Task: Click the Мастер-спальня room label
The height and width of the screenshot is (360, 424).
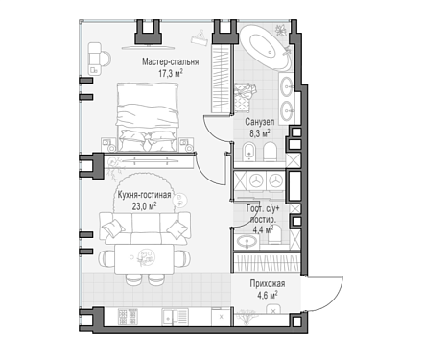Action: (x=171, y=61)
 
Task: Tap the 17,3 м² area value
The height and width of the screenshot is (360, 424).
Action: (x=171, y=74)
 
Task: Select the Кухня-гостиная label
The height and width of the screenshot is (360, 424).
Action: (x=144, y=195)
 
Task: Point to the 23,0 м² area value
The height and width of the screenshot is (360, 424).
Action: (x=144, y=206)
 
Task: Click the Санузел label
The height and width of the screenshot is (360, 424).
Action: (x=260, y=122)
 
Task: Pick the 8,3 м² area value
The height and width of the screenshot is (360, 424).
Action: (x=260, y=133)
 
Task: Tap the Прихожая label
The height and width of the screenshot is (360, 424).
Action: (x=268, y=284)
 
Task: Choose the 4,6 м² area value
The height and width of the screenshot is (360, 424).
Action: (x=268, y=295)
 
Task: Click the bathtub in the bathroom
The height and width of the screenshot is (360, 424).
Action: (x=266, y=46)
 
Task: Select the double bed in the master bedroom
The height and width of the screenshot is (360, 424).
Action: (x=148, y=117)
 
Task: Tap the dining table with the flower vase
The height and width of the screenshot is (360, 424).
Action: (x=145, y=258)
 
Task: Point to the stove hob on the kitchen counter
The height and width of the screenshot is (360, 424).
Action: (x=127, y=317)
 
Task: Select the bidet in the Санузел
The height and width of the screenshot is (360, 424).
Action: (x=248, y=152)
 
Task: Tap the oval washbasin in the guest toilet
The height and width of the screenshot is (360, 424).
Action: (x=247, y=242)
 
